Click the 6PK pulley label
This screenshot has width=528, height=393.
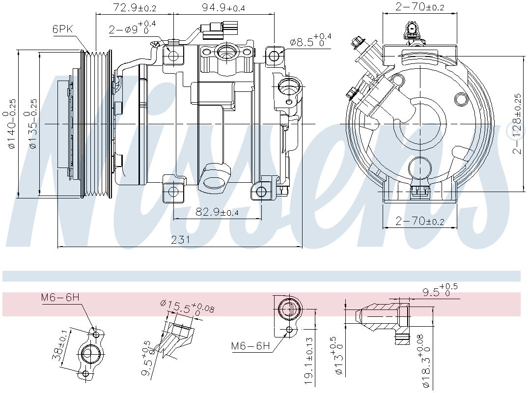[x=63, y=28]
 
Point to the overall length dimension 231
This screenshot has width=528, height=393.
[x=181, y=240]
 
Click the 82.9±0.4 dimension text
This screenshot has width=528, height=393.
[x=217, y=212]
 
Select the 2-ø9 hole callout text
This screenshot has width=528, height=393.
[x=132, y=28]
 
